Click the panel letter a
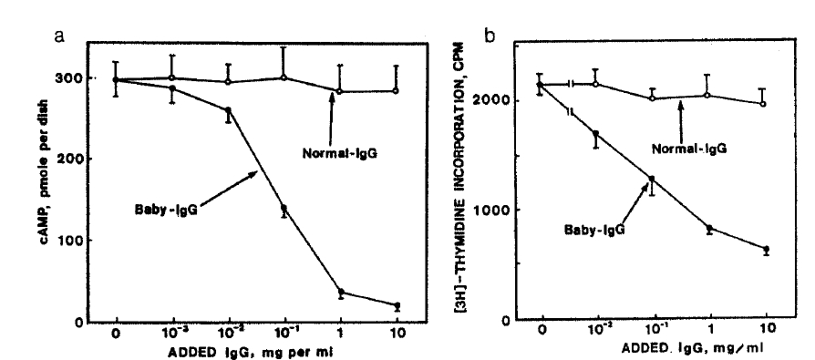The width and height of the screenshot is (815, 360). tap(60, 37)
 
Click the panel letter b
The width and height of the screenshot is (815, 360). tap(490, 37)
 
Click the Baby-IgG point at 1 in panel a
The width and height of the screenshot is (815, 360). tap(342, 293)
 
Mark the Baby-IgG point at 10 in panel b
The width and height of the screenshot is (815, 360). tap(766, 249)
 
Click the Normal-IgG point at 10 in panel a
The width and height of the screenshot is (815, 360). tap(395, 91)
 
